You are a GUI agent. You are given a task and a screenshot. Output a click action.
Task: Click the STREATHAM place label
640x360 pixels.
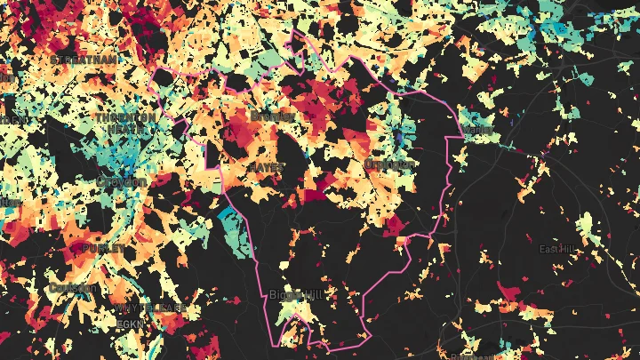coord(84,59)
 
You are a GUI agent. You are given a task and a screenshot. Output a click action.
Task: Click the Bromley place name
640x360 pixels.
coord(272,116)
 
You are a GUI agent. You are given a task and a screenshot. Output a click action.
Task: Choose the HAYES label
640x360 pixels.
coord(266,166)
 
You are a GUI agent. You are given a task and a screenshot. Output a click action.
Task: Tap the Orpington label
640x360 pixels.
coord(389,164)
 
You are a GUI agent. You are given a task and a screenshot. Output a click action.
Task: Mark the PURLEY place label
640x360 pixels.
coord(104,247)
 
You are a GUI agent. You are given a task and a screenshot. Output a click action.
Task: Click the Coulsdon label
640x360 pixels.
coord(71,288)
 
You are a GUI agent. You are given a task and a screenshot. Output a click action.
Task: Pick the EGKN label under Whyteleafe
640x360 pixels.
coord(130,324)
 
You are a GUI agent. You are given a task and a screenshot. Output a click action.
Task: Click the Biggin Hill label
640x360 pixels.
coord(297,295)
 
